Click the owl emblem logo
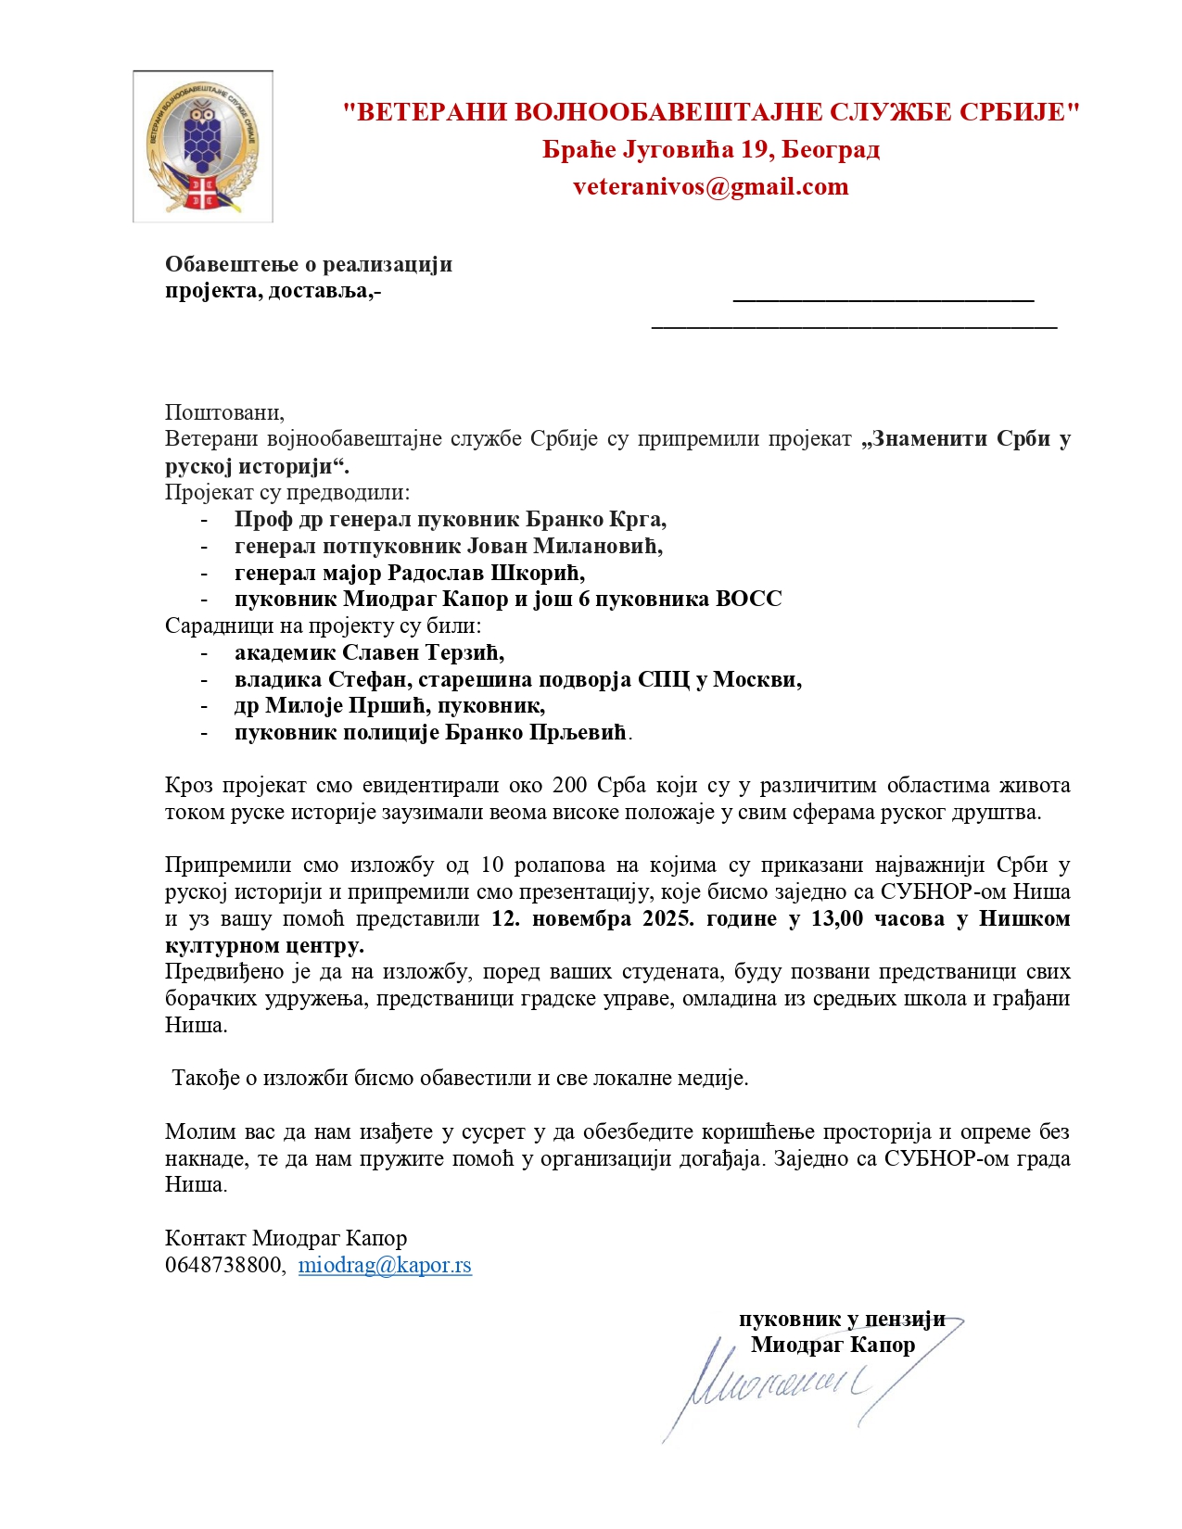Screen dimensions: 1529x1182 tap(203, 146)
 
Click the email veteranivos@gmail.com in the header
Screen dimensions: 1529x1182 tap(710, 186)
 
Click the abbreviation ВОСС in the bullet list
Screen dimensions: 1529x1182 tap(748, 599)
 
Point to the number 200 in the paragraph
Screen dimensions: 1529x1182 tap(570, 786)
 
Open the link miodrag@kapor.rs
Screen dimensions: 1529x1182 tap(385, 1266)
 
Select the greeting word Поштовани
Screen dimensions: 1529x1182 tap(223, 412)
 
